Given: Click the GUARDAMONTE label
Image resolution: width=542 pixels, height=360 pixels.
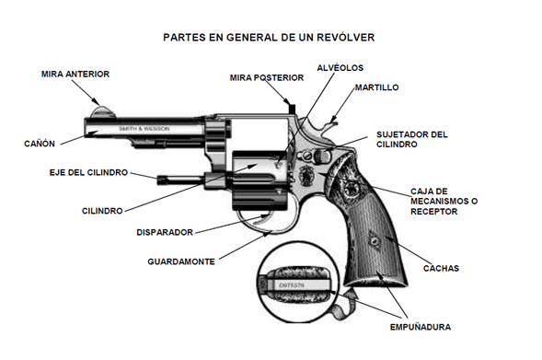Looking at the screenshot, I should (181, 261).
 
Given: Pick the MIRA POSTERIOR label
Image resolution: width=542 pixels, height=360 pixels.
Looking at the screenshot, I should (266, 78).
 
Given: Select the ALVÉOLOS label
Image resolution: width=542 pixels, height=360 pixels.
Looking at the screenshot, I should (340, 68).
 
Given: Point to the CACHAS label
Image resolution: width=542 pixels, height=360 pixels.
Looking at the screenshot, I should (440, 268).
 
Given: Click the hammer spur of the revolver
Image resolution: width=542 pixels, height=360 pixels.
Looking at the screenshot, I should (329, 122).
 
